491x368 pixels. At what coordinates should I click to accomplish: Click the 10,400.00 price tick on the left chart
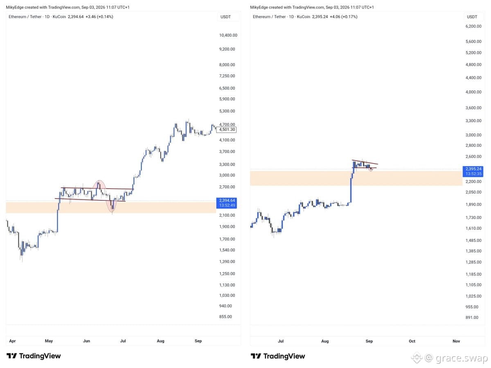pyautogui.click(x=228, y=35)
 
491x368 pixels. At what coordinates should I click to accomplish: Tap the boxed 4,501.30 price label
pyautogui.click(x=226, y=130)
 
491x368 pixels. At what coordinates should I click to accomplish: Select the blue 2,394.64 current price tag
pyautogui.click(x=226, y=203)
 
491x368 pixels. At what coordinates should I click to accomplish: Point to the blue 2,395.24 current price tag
pyautogui.click(x=473, y=171)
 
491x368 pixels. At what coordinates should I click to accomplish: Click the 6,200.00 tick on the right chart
pyautogui.click(x=473, y=26)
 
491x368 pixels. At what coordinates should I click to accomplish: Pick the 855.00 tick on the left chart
pyautogui.click(x=225, y=316)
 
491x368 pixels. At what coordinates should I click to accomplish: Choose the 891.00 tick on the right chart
pyautogui.click(x=472, y=318)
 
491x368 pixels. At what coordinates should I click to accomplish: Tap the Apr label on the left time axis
pyautogui.click(x=12, y=341)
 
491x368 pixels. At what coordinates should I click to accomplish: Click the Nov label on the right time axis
pyautogui.click(x=456, y=341)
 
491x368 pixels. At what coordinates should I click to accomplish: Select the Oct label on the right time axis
pyautogui.click(x=412, y=341)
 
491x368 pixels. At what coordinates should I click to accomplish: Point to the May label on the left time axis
pyautogui.click(x=49, y=341)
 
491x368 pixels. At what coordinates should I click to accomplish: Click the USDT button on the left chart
pyautogui.click(x=225, y=17)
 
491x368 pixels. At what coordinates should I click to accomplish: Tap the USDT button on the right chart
pyautogui.click(x=472, y=17)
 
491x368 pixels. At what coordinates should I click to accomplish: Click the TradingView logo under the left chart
pyautogui.click(x=34, y=356)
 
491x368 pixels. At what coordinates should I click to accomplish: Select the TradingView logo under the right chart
pyautogui.click(x=278, y=356)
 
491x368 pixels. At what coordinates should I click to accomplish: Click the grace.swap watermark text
pyautogui.click(x=462, y=358)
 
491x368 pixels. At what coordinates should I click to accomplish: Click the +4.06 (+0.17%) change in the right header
pyautogui.click(x=343, y=17)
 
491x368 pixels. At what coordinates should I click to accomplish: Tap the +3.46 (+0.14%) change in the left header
pyautogui.click(x=99, y=17)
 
